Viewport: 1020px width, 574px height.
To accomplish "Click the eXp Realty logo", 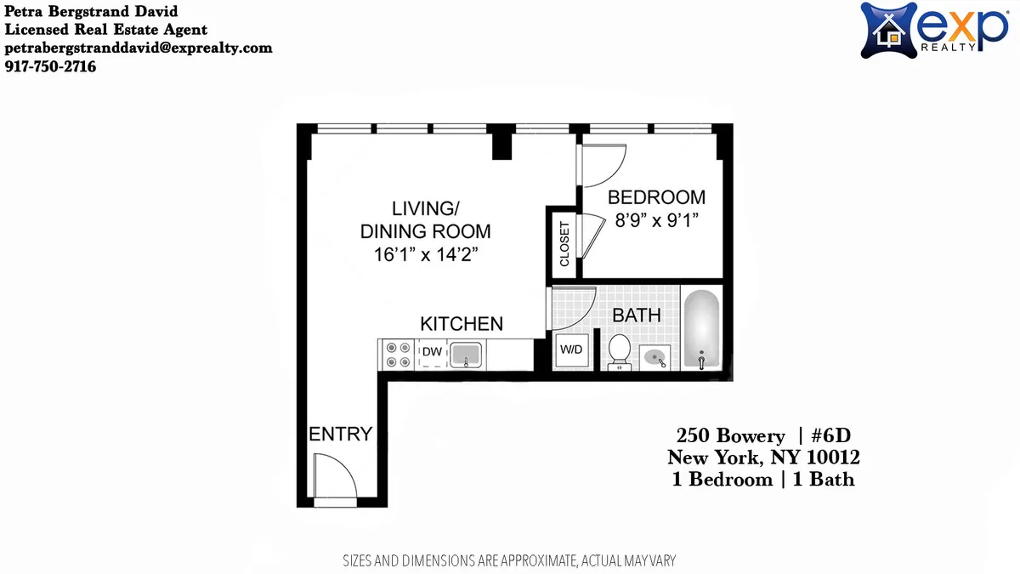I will pos(933,30).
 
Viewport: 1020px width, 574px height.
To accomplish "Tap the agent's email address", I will pos(139,48).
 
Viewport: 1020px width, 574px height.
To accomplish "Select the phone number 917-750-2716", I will pos(50,65).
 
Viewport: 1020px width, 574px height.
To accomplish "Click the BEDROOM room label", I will pos(656,197).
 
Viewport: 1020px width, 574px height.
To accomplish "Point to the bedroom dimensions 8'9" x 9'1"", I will pos(656,221).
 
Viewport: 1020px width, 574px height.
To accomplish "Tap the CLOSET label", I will pos(564,245).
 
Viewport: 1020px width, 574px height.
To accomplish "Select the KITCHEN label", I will pos(462,324).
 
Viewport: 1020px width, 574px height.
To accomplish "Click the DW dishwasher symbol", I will pos(432,351).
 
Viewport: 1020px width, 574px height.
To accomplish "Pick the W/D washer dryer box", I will pos(569,350).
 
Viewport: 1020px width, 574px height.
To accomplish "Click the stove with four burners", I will pos(395,354).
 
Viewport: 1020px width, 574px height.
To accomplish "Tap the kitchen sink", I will pos(465,354).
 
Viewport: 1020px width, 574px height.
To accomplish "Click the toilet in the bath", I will pos(619,351).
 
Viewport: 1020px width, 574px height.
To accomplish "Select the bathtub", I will pos(701,331).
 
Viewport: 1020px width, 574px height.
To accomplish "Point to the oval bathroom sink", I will pos(655,357).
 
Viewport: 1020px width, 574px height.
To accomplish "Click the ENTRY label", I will pos(340,435).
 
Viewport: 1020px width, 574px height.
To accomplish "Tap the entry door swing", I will pos(334,476).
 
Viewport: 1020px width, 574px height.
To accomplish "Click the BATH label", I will pos(637,315).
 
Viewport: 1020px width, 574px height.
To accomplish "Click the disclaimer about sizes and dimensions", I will pos(508,560).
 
